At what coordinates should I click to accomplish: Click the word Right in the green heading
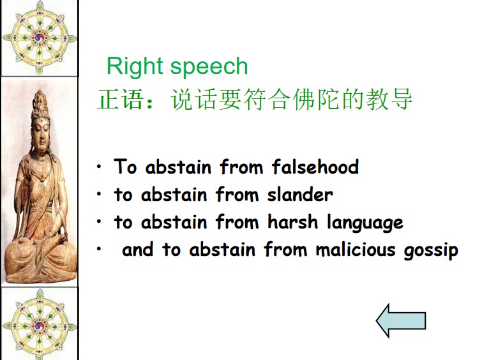(135, 66)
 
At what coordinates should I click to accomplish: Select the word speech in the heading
(209, 66)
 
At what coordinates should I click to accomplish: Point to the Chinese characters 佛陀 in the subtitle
(317, 99)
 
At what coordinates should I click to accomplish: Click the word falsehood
(315, 167)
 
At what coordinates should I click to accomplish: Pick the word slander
(300, 195)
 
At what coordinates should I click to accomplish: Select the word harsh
(292, 221)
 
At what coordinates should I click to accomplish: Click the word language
(365, 223)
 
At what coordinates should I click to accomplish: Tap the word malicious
(356, 250)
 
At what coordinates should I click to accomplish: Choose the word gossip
(431, 251)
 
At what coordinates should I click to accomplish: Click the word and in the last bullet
(137, 250)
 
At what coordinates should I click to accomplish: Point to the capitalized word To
(125, 166)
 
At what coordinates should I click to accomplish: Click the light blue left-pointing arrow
(401, 320)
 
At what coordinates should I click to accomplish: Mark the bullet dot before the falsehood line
(99, 167)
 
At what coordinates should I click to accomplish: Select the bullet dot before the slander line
(99, 194)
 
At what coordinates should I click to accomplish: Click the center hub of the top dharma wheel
(40, 38)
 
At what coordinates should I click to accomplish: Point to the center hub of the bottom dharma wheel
(40, 326)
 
